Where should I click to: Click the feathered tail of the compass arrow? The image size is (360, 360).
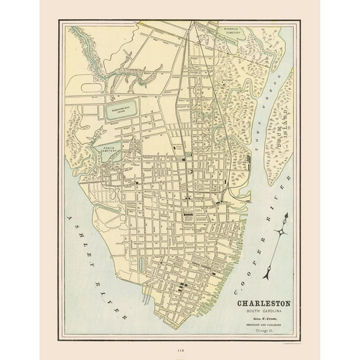point(270,274)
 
